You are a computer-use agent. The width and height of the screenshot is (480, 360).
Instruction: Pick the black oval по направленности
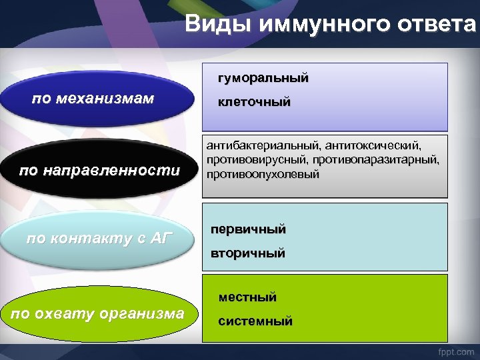(x=100, y=171)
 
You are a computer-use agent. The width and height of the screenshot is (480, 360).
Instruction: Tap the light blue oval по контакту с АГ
(x=100, y=239)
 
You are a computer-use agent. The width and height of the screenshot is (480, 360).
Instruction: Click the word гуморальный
(x=263, y=78)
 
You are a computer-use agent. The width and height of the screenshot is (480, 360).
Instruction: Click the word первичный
(x=248, y=229)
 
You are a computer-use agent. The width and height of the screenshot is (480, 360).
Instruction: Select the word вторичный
(x=247, y=253)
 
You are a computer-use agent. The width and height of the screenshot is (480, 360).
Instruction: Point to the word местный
(x=247, y=297)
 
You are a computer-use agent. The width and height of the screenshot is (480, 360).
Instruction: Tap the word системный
(x=255, y=321)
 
